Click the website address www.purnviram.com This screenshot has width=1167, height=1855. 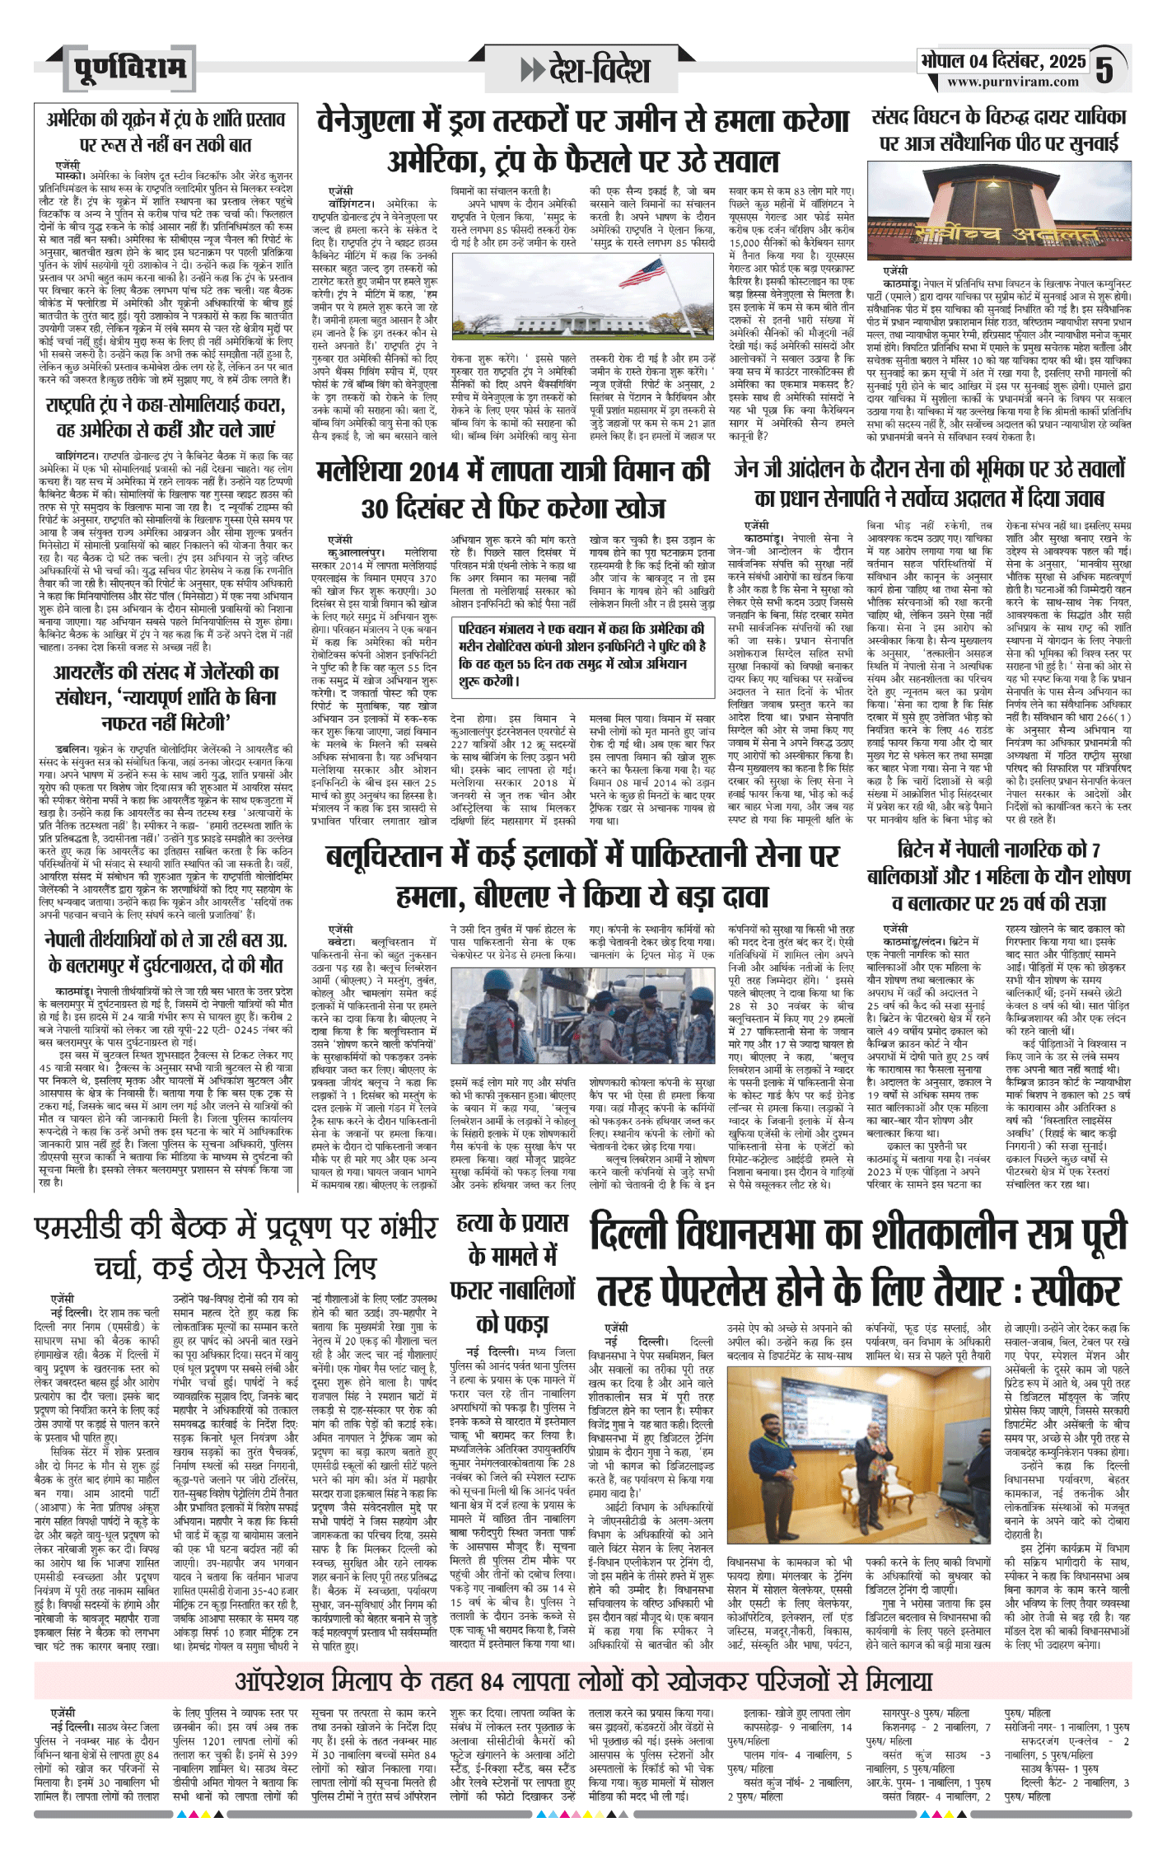point(1012,82)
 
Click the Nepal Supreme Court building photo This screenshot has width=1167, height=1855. point(1000,212)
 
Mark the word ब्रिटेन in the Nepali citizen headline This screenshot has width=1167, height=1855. point(927,850)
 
